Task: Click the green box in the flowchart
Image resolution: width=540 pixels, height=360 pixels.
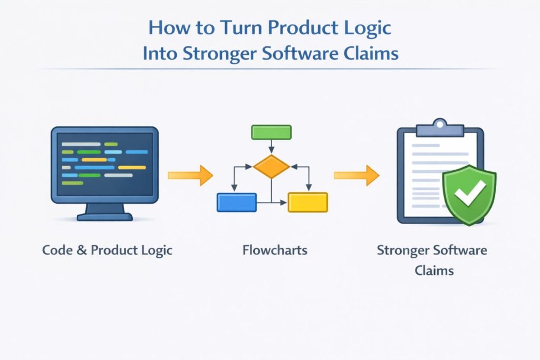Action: click(271, 132)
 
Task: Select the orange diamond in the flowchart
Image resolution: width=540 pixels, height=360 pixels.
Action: click(271, 167)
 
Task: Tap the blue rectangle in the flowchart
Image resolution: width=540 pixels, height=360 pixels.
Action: click(236, 202)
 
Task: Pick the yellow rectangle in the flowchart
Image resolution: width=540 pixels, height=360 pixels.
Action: click(307, 202)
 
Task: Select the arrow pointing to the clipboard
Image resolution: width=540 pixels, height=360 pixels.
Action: click(356, 175)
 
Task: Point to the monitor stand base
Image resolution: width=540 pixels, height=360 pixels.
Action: click(105, 216)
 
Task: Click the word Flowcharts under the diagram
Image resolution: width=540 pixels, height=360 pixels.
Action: click(275, 250)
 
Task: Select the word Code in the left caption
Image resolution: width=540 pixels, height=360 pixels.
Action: click(57, 250)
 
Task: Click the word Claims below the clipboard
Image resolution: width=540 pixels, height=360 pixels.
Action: click(431, 270)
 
